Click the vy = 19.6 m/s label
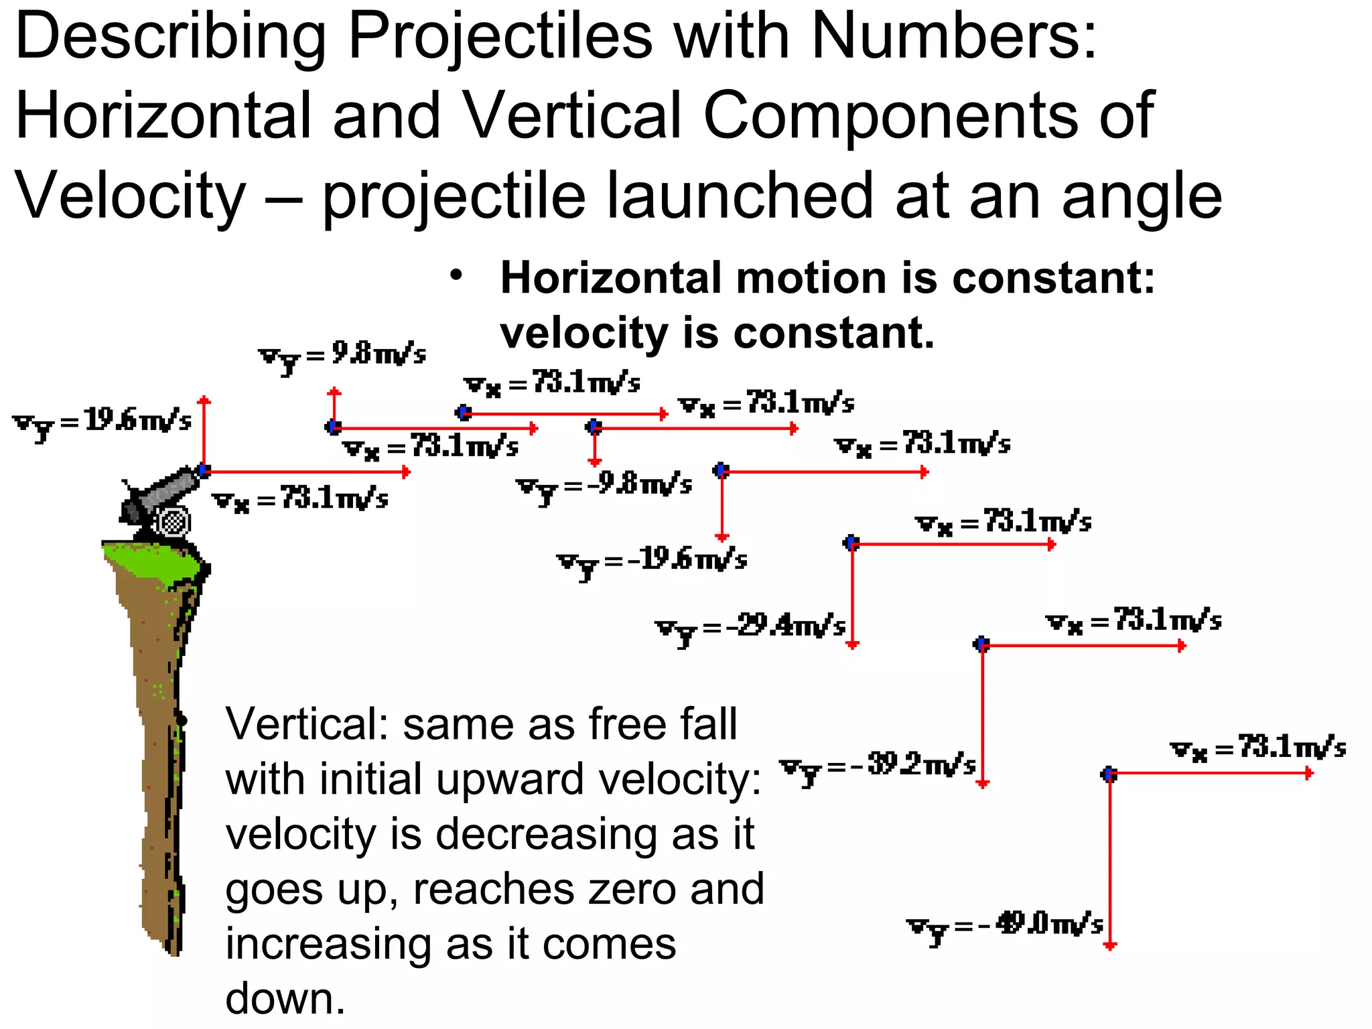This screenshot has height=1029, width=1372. tap(102, 423)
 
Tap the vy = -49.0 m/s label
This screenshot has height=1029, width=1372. tap(1005, 927)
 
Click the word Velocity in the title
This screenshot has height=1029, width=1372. tap(131, 196)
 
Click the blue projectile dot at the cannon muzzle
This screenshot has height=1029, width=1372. tap(204, 470)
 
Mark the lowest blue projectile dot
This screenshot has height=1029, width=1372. tap(1109, 774)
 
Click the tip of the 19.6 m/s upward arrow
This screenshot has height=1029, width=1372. tap(204, 400)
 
